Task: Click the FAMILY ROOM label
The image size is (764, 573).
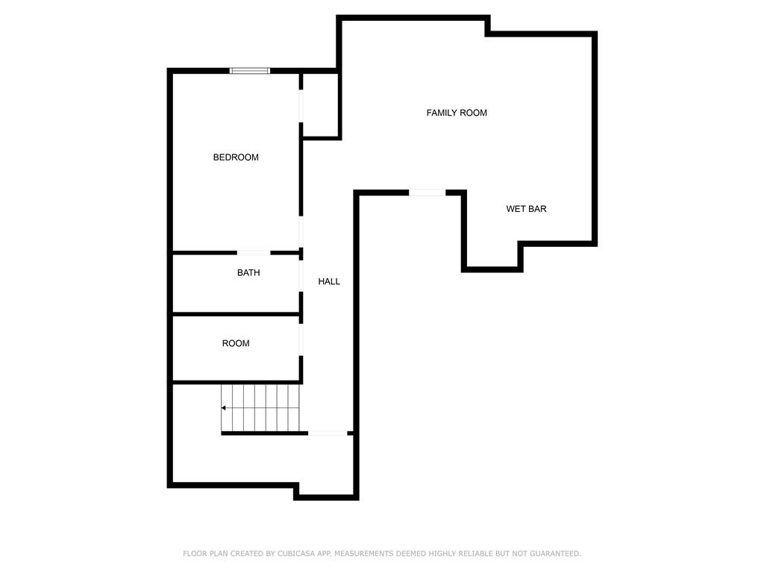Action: click(457, 113)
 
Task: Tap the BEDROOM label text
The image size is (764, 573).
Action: click(236, 157)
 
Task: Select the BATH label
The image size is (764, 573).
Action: click(248, 273)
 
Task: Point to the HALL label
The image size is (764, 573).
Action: click(329, 281)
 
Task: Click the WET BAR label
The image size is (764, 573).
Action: click(526, 209)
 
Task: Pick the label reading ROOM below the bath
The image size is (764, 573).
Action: click(236, 343)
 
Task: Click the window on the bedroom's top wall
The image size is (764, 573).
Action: click(250, 71)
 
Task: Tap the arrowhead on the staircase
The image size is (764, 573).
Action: click(224, 408)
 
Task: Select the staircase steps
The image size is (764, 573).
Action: click(260, 408)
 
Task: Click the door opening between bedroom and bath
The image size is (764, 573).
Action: click(254, 253)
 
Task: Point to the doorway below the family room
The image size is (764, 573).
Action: click(428, 193)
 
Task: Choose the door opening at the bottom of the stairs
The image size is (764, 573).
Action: click(328, 433)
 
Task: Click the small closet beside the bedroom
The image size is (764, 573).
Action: click(320, 105)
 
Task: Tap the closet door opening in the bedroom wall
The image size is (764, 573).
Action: click(301, 106)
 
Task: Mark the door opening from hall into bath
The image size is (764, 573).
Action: click(301, 275)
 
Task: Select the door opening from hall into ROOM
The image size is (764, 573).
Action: click(301, 339)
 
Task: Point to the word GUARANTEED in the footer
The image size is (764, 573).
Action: click(555, 554)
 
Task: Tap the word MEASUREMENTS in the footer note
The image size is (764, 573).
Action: click(363, 554)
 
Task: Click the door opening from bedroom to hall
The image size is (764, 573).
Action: click(301, 231)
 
